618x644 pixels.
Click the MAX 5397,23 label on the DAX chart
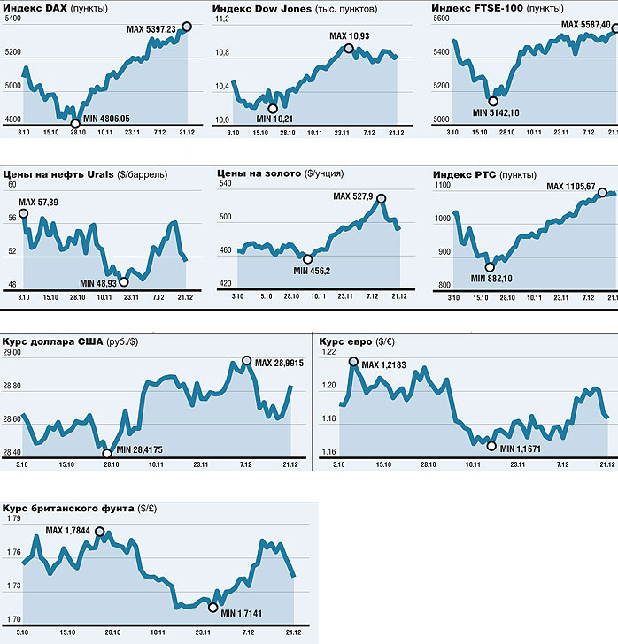[x=152, y=30]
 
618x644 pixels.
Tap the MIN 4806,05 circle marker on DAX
[x=75, y=123]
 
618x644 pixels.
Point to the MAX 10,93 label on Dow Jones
[x=350, y=35]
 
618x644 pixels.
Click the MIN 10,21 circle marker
[x=272, y=108]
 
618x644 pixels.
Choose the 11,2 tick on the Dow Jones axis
[x=221, y=19]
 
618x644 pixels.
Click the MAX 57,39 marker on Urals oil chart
[x=23, y=213]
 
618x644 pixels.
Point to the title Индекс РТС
[x=465, y=174]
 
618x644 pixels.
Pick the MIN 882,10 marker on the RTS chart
[x=490, y=266]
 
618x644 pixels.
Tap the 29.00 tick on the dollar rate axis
[x=13, y=353]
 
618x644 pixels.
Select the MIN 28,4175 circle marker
[x=108, y=452]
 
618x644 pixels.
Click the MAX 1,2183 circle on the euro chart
[x=353, y=361]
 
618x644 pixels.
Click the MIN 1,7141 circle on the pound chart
[x=212, y=606]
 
